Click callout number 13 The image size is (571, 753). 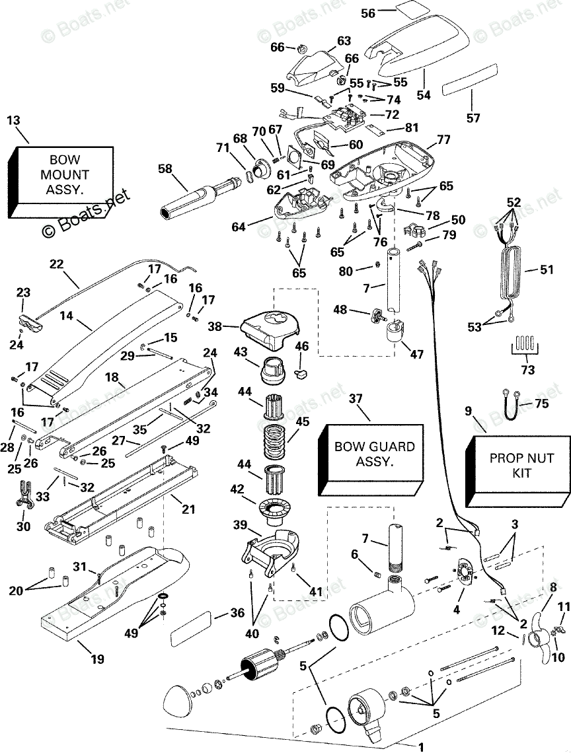[x=13, y=120]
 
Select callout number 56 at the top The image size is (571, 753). [x=368, y=13]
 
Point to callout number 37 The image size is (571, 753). [x=356, y=398]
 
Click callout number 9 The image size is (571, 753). [x=469, y=411]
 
